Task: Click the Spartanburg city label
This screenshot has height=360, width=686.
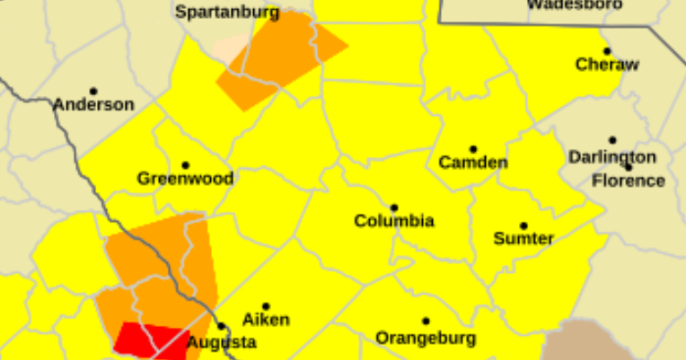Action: click(227, 13)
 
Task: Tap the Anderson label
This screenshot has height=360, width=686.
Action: click(93, 104)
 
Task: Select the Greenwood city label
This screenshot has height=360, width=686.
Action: click(185, 178)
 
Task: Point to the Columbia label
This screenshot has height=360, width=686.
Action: click(394, 220)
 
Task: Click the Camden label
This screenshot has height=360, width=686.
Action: click(473, 162)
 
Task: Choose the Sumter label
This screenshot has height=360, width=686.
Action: click(523, 238)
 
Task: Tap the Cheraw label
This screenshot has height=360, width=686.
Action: click(607, 64)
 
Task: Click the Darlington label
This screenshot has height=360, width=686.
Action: click(611, 156)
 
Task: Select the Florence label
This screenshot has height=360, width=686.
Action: click(629, 180)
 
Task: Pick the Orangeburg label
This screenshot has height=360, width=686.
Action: click(426, 338)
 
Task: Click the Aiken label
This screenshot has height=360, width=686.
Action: click(266, 320)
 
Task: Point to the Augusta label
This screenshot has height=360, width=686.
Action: click(221, 342)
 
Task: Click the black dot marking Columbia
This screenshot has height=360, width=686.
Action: click(394, 207)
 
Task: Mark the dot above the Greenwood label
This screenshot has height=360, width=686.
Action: click(185, 165)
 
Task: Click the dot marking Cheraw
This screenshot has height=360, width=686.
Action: click(607, 51)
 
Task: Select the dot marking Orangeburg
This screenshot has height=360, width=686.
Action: click(426, 320)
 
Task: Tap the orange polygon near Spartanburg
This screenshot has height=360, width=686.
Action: click(278, 58)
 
